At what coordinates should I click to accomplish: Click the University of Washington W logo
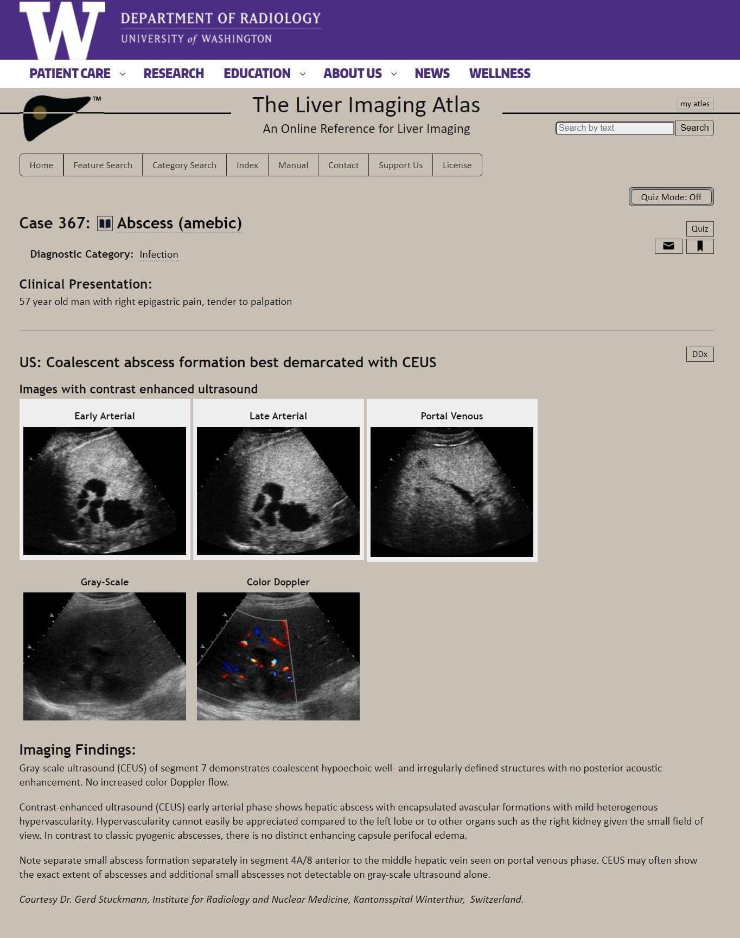click(62, 30)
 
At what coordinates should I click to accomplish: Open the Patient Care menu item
click(70, 74)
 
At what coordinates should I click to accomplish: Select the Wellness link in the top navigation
click(499, 74)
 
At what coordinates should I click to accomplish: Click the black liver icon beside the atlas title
click(54, 116)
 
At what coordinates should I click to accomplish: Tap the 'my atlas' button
click(694, 104)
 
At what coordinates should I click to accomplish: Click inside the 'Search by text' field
click(614, 128)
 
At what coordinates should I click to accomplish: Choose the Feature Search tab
click(103, 165)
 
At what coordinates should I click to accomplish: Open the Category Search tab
click(184, 165)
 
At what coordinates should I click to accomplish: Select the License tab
click(457, 165)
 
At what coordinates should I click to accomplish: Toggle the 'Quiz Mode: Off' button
click(671, 197)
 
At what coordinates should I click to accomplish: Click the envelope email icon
click(668, 246)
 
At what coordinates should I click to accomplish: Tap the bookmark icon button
click(700, 246)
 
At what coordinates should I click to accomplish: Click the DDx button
click(699, 354)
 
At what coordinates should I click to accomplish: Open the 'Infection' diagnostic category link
click(158, 254)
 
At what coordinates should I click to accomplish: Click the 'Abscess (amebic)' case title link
click(179, 223)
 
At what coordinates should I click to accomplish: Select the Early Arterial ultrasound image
click(105, 490)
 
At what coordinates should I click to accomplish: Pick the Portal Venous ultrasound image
click(451, 492)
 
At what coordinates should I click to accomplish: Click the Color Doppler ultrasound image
click(278, 656)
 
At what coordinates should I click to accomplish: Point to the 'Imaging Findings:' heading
click(77, 750)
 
